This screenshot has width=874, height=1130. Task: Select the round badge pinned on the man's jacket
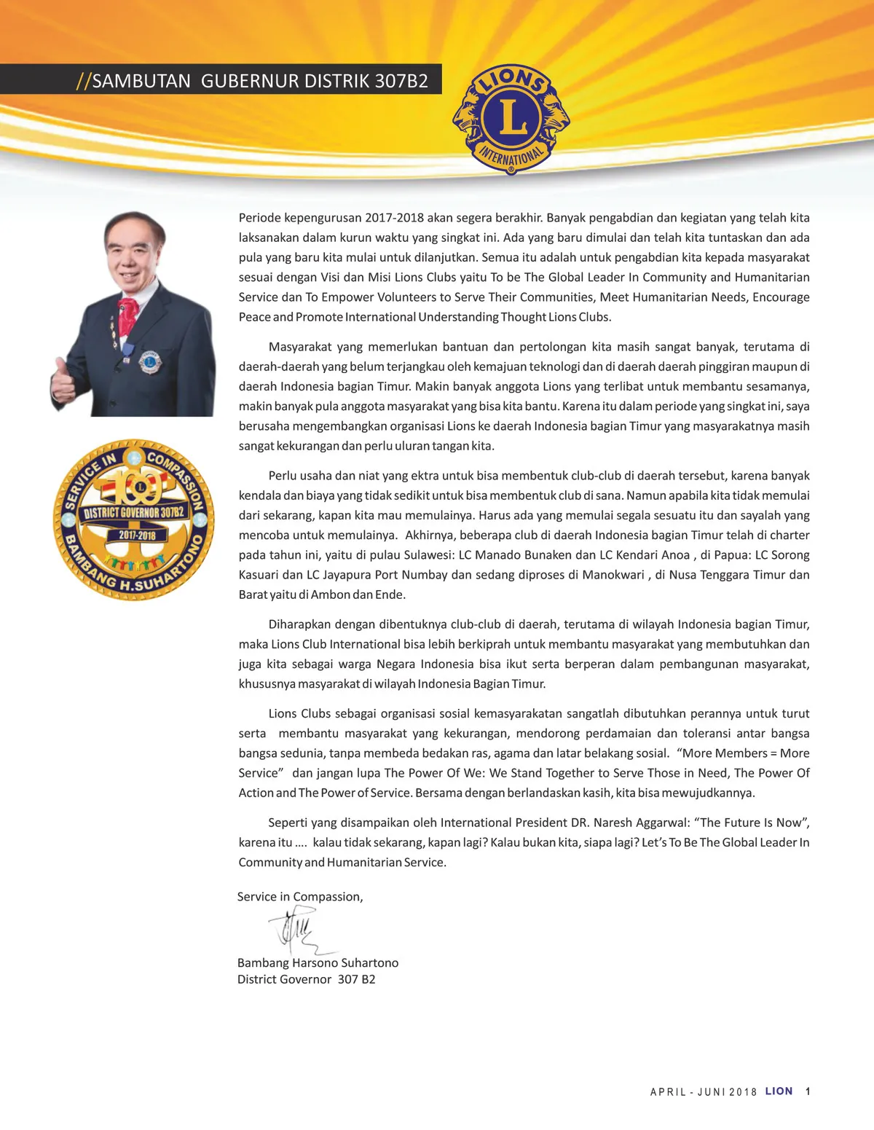coord(150,360)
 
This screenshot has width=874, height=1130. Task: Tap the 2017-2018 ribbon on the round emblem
coord(137,535)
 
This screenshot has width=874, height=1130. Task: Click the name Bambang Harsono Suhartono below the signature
coord(318,962)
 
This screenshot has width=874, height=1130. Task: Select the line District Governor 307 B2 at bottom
coord(306,979)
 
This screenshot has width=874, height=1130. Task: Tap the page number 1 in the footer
coord(808,1091)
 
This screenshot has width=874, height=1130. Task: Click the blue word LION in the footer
coord(779,1091)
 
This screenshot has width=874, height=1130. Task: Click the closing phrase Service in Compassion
coord(299,897)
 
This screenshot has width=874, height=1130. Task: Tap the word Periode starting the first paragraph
coord(260,218)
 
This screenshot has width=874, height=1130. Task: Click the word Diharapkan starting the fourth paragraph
coord(301,624)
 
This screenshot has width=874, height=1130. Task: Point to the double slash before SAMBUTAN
coord(83,81)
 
